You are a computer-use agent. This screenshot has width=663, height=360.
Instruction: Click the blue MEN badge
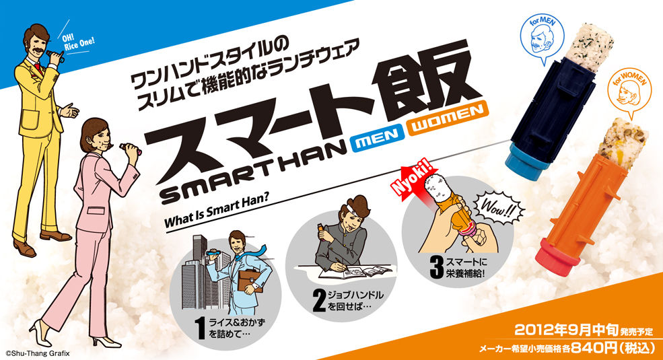point(376,140)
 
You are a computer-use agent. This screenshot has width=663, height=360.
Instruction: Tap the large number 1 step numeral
point(201,328)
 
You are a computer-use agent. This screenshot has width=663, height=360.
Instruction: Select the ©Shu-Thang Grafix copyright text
point(37,353)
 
